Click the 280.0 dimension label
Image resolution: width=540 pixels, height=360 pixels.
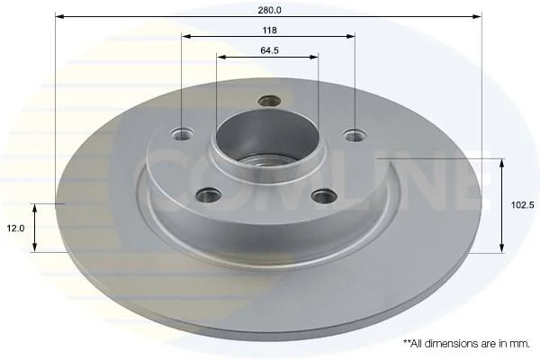click(270, 10)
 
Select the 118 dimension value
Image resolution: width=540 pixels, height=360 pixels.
click(270, 31)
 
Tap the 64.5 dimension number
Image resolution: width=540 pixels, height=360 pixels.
click(270, 50)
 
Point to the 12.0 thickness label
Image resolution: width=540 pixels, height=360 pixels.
click(16, 228)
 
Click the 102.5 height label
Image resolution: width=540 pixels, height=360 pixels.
click(522, 205)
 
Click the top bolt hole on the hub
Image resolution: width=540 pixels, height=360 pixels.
click(269, 101)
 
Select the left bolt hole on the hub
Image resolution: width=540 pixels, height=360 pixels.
click(182, 134)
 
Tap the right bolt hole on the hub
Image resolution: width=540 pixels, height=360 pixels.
click(355, 135)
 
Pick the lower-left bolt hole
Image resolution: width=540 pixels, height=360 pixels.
click(209, 195)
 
